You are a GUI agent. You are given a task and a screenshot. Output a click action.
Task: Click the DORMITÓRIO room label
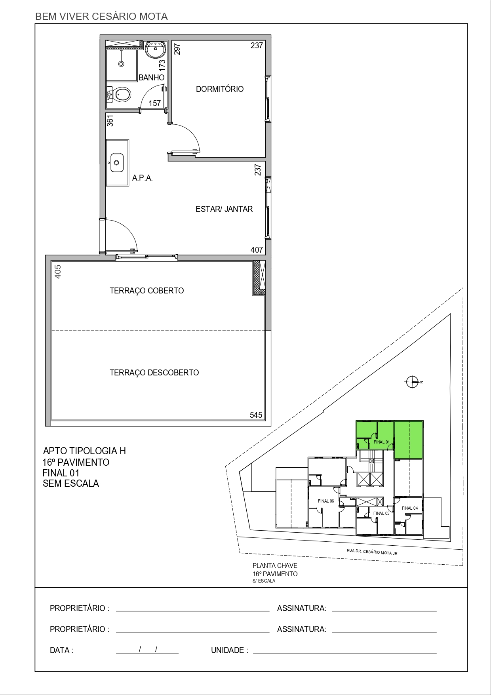coord(220,89)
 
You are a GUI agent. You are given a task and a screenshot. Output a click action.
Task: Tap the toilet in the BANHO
coord(121,95)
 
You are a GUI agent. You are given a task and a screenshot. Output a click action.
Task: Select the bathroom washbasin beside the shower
coord(156,50)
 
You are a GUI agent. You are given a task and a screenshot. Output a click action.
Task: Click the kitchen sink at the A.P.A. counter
coord(117,163)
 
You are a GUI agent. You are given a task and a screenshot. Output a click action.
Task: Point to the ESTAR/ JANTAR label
coord(224,209)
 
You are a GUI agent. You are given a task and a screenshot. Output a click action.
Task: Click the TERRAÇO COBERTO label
coord(147,291)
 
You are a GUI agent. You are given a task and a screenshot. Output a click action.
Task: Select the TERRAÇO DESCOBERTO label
coord(154,373)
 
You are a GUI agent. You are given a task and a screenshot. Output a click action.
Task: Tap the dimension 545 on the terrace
coord(256,415)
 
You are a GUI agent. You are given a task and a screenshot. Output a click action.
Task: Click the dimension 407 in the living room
coord(257,250)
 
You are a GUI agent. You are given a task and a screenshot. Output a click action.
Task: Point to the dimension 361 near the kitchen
coord(110,120)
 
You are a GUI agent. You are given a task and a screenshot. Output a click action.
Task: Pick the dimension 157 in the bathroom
coord(155,103)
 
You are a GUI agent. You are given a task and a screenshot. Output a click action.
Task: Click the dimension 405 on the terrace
coord(58,272)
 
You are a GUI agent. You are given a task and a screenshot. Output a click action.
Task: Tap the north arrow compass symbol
coord(412,382)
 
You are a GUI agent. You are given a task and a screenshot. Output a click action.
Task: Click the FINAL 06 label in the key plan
coord(326,501)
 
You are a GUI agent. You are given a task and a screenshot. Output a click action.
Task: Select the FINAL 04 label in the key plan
coord(409,508)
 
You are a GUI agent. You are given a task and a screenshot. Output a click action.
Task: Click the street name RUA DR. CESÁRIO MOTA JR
coord(372,552)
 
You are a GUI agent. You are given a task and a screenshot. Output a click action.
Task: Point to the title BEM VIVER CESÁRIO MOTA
coord(101,17)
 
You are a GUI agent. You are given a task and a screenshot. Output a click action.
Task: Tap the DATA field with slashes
coord(147,650)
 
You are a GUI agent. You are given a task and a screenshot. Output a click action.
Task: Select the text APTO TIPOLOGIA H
coord(84,451)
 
